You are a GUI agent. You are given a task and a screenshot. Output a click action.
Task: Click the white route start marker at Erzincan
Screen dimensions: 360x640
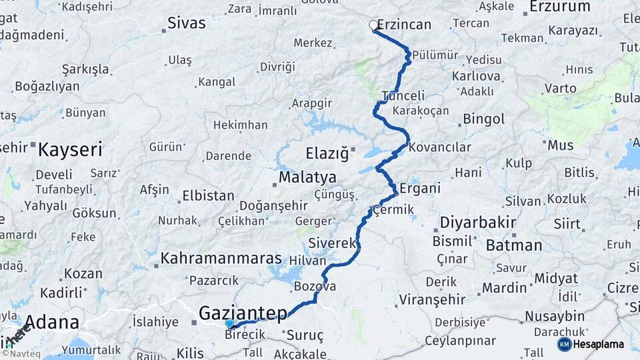(x=373, y=25)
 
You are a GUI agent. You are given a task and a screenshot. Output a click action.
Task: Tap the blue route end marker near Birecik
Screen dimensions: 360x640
(x=229, y=323)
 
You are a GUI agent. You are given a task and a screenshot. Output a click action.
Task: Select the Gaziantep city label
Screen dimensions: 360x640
(x=243, y=312)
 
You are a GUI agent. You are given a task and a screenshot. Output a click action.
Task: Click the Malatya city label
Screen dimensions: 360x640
(x=307, y=178)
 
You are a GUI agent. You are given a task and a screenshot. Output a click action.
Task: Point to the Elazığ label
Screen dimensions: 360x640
(x=327, y=154)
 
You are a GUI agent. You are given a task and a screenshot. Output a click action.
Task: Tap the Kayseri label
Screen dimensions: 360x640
(x=70, y=149)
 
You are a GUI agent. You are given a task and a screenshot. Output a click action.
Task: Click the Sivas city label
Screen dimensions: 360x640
(x=186, y=23)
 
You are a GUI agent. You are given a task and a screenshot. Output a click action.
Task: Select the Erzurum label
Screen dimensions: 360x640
(x=559, y=7)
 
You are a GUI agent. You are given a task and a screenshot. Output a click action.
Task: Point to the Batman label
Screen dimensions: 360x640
(x=513, y=245)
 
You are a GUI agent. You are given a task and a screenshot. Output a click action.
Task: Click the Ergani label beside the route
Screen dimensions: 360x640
(x=420, y=188)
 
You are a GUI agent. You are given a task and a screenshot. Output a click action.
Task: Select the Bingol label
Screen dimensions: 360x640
(x=483, y=120)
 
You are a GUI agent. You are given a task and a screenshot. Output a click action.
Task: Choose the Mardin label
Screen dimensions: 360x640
(x=504, y=288)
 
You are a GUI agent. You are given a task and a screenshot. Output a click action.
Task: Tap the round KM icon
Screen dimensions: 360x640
(x=564, y=344)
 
